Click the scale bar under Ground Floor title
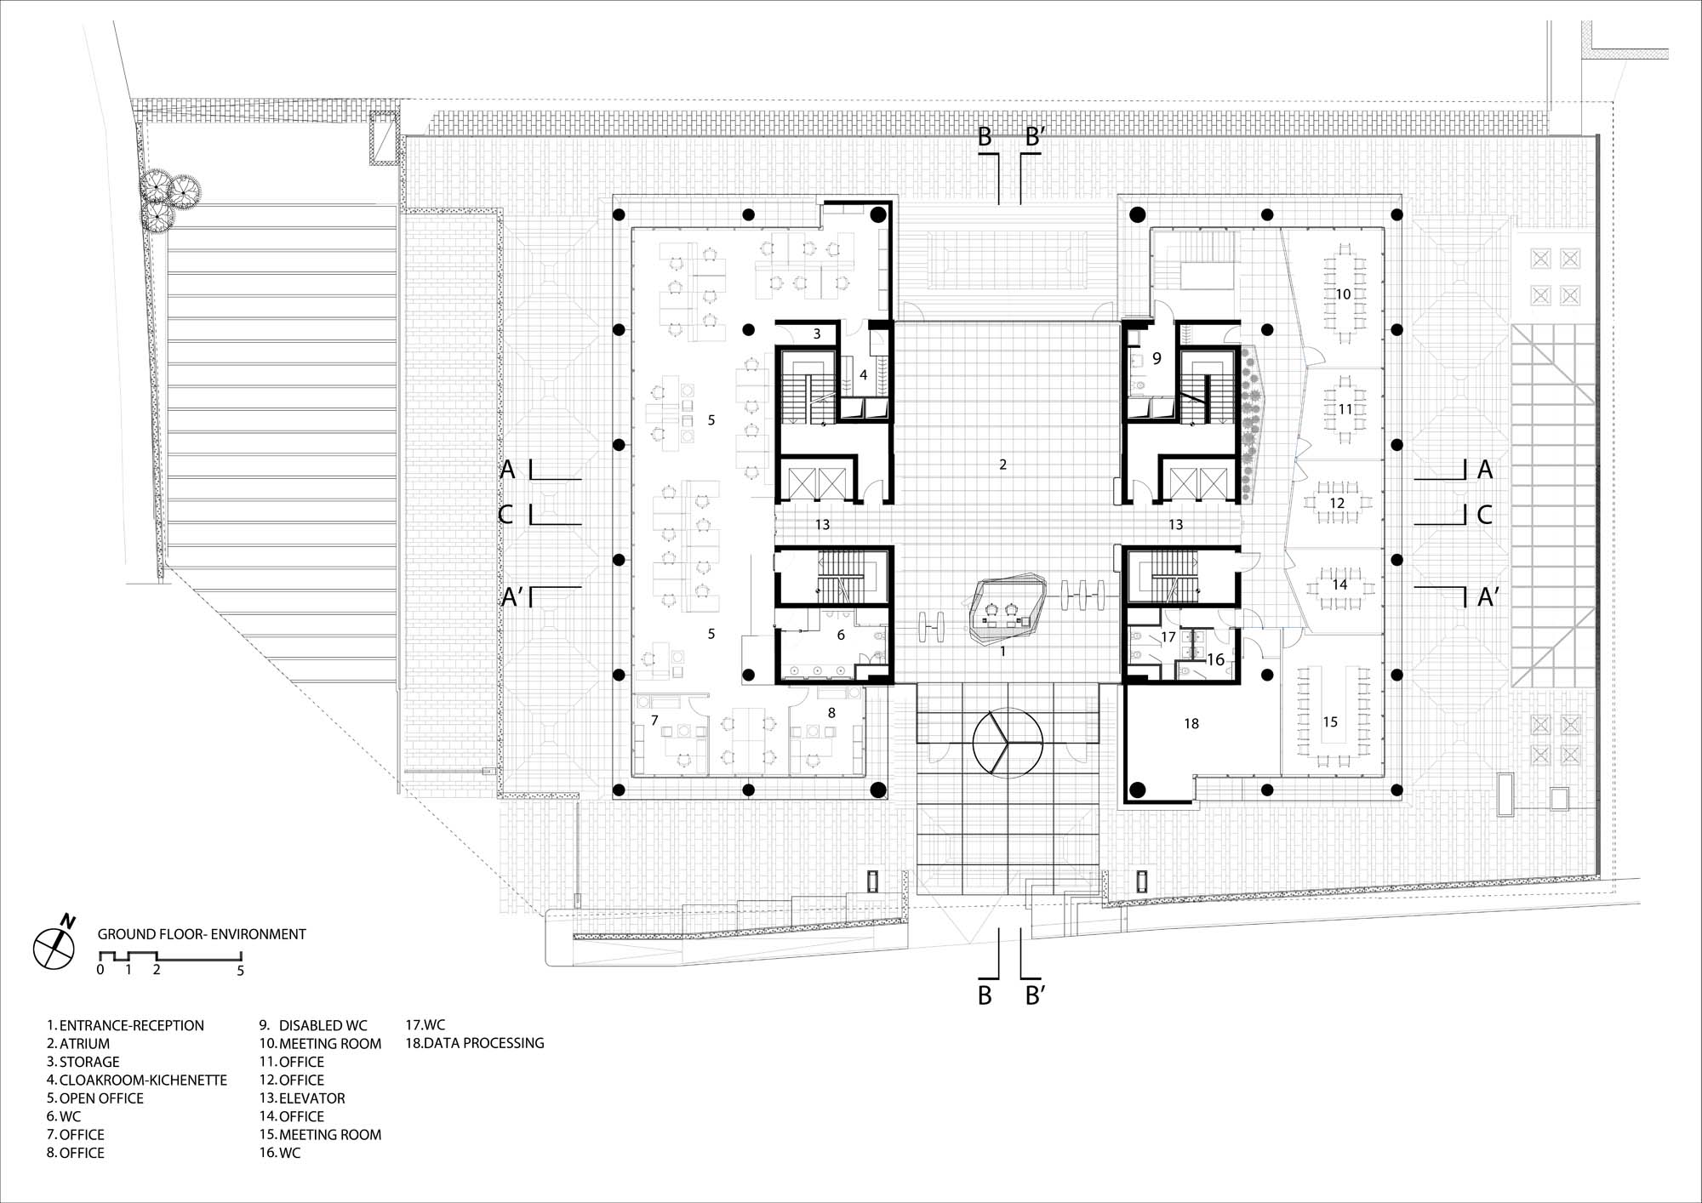pyautogui.click(x=171, y=956)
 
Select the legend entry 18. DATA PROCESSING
pyautogui.click(x=475, y=1043)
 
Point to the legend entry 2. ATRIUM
pyautogui.click(x=78, y=1044)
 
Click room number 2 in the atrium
pyautogui.click(x=1003, y=465)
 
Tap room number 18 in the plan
pyautogui.click(x=1191, y=723)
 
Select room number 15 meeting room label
pyautogui.click(x=1330, y=721)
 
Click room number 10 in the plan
pyautogui.click(x=1343, y=294)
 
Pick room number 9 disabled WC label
pyautogui.click(x=1157, y=359)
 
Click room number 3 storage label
pyautogui.click(x=817, y=334)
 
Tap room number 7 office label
pyautogui.click(x=654, y=721)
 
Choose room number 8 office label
pyautogui.click(x=831, y=713)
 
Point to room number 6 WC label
pyautogui.click(x=841, y=635)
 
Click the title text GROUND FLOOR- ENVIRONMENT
pyautogui.click(x=202, y=934)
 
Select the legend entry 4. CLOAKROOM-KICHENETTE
pyautogui.click(x=137, y=1080)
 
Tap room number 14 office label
pyautogui.click(x=1340, y=584)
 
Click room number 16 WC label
pyautogui.click(x=1216, y=659)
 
